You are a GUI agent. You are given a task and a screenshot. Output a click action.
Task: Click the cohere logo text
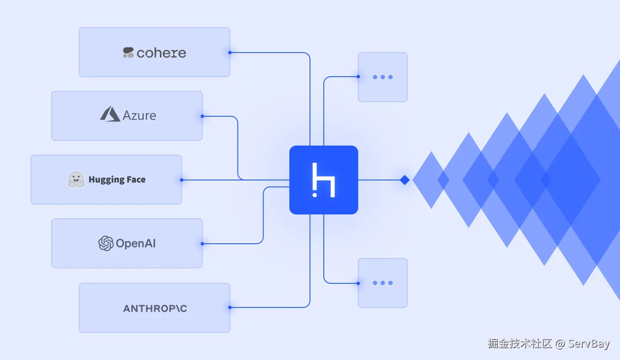161,53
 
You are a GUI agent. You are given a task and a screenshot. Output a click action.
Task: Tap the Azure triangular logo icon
110,114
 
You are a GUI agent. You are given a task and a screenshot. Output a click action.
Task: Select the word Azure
139,115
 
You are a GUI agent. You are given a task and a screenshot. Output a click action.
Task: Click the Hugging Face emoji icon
76,180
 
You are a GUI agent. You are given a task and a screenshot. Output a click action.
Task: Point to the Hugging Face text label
117,180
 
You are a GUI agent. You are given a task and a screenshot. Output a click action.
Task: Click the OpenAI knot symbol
105,243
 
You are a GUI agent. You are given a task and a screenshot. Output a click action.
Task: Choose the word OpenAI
136,243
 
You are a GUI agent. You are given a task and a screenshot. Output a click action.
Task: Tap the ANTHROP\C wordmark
155,308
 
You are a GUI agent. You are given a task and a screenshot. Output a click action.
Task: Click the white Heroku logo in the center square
324,180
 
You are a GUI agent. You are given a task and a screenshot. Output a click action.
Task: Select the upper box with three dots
382,77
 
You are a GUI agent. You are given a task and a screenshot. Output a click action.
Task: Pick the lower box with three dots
382,283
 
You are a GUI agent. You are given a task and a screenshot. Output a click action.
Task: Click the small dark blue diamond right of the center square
404,180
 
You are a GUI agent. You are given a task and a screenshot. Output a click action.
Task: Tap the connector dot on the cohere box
230,53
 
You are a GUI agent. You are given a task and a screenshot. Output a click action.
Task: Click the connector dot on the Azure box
202,116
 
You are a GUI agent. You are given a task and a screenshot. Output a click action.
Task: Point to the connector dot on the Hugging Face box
182,180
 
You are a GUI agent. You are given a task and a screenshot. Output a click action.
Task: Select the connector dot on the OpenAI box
202,244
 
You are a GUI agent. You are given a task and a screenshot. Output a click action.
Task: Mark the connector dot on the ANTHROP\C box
230,307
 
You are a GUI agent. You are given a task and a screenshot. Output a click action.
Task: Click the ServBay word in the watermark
589,344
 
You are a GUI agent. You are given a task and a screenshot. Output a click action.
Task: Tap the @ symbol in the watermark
560,344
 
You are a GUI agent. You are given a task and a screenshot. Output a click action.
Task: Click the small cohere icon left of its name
128,53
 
